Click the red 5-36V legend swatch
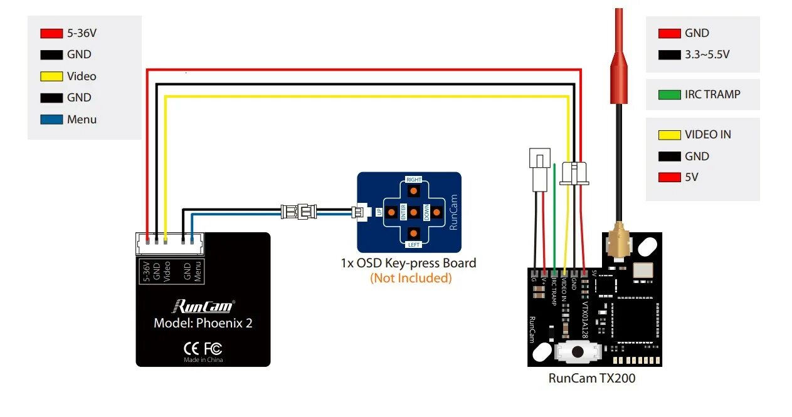(51, 33)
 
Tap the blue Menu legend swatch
(51, 119)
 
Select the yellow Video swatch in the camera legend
(51, 76)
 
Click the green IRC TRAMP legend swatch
(670, 95)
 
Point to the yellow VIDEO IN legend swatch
(670, 135)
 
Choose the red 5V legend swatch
(670, 177)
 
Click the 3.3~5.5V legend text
(707, 54)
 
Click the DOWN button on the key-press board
(437, 212)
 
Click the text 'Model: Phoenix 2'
(203, 323)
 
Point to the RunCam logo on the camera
(203, 306)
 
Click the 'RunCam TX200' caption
(592, 378)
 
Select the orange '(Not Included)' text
(411, 278)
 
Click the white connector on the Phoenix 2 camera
(169, 244)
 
